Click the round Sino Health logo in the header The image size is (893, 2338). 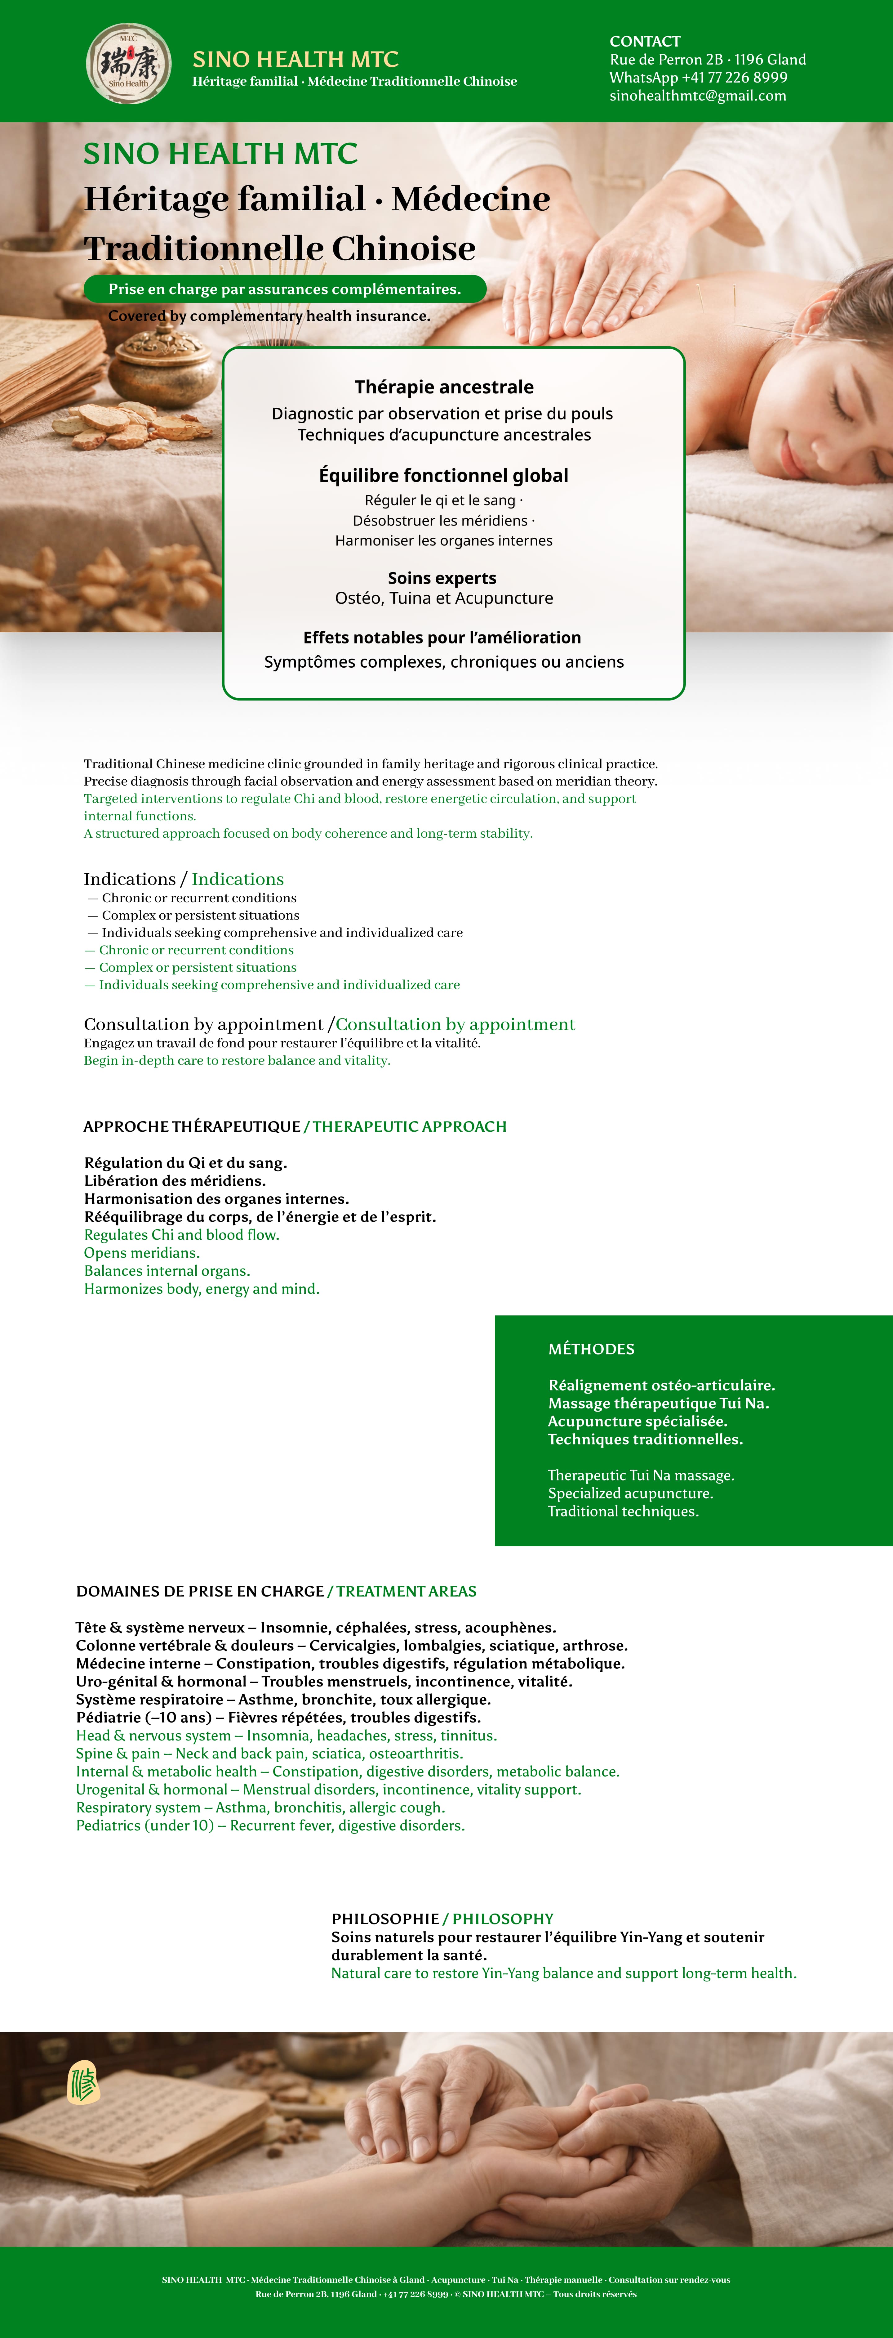(128, 64)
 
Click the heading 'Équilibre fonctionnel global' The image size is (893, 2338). (444, 476)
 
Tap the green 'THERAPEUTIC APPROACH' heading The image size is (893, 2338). (409, 1126)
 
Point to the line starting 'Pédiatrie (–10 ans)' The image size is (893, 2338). (278, 1717)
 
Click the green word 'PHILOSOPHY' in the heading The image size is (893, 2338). (503, 1919)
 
